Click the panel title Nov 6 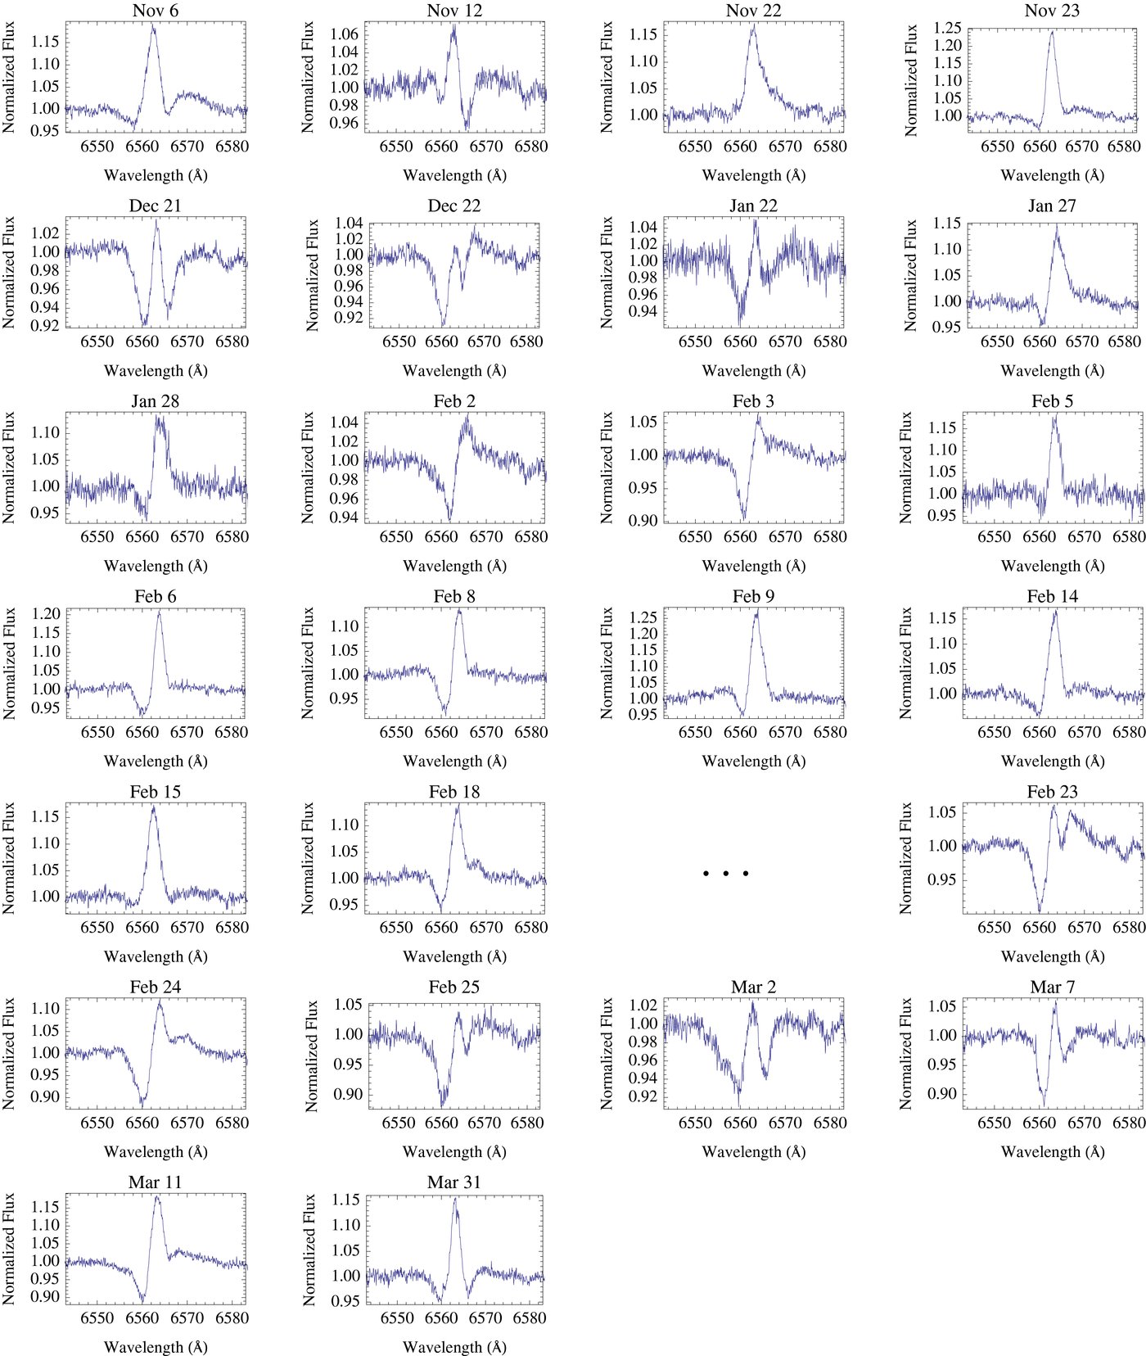click(155, 11)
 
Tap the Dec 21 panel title click(155, 206)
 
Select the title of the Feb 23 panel click(1052, 792)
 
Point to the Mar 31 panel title click(453, 1182)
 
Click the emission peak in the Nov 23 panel click(1052, 32)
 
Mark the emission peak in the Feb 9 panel click(756, 612)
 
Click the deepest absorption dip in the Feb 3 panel click(743, 518)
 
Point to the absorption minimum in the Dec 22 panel click(443, 324)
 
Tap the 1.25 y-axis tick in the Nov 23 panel click(948, 29)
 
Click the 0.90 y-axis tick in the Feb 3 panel click(643, 520)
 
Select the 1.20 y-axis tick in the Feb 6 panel click(46, 614)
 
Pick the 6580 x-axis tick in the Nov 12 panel click(530, 147)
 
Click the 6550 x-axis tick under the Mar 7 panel click(995, 1123)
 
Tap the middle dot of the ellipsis click(725, 874)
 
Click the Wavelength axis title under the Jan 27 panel click(1052, 371)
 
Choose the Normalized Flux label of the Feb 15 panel click(9, 857)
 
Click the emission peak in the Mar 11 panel click(157, 1197)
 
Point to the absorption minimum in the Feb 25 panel click(443, 1104)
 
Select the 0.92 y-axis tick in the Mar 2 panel click(644, 1096)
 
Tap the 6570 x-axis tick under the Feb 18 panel click(485, 928)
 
